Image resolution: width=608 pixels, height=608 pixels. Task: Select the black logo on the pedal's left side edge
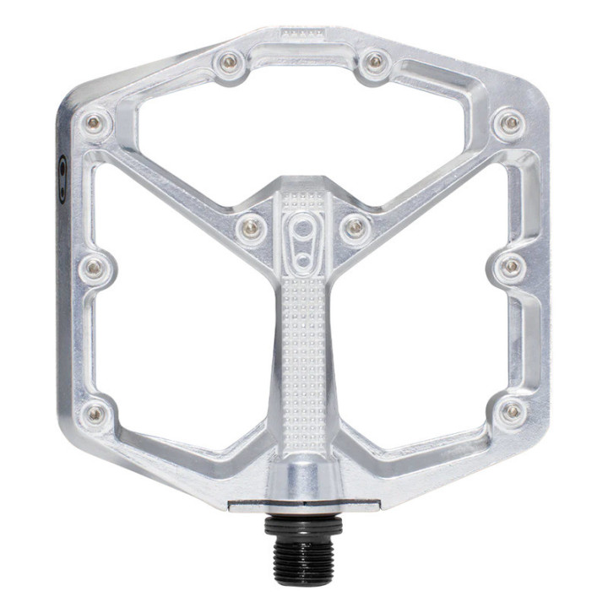(62, 178)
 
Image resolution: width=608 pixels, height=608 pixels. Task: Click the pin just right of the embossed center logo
(356, 226)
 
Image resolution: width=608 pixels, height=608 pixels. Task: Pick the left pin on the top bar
(230, 61)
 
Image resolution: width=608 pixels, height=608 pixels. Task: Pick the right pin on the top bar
(375, 61)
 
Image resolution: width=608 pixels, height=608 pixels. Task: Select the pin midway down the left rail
(94, 268)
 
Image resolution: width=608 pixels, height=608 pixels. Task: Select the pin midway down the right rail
(512, 268)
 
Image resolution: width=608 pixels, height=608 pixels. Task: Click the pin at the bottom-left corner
(96, 413)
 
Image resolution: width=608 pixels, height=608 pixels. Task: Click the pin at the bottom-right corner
(511, 412)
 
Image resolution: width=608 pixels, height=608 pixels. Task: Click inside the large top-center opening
(302, 127)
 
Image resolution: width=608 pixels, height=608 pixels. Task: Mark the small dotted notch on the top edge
(302, 33)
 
